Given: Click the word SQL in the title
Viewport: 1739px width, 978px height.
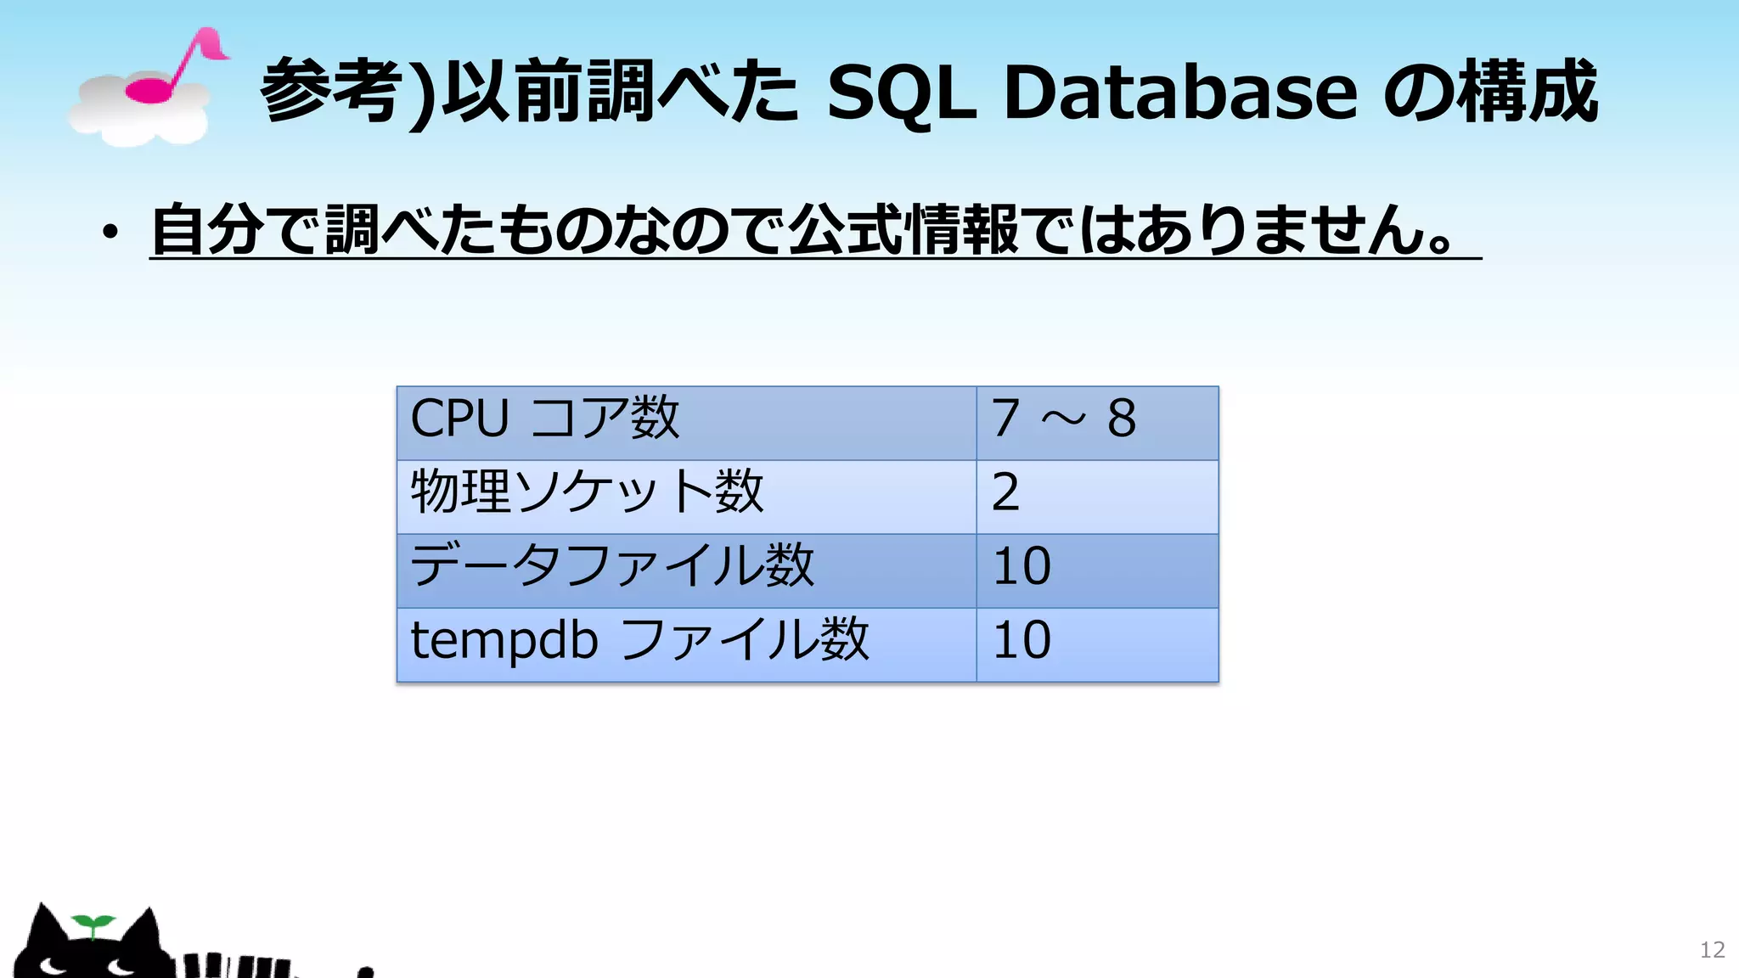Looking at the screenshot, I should pyautogui.click(x=901, y=92).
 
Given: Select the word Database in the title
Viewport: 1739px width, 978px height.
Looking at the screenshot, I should pyautogui.click(x=1180, y=92).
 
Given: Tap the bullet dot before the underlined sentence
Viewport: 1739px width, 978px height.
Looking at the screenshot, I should pyautogui.click(x=110, y=231).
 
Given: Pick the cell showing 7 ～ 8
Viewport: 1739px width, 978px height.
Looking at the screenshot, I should pyautogui.click(x=1063, y=419).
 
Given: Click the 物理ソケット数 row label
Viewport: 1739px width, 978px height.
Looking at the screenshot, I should pyautogui.click(x=587, y=492).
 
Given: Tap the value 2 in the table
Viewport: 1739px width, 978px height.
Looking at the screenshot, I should pyautogui.click(x=1006, y=492).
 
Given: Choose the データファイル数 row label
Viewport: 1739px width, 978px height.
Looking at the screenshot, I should pyautogui.click(x=612, y=566).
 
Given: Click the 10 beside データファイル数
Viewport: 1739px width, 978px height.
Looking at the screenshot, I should pyautogui.click(x=1022, y=566).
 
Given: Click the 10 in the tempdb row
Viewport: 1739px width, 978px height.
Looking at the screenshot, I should pyautogui.click(x=1022, y=640).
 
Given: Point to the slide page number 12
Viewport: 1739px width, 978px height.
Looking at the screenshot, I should pyautogui.click(x=1712, y=950).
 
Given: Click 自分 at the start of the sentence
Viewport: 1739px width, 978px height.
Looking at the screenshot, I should pyautogui.click(x=207, y=229).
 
